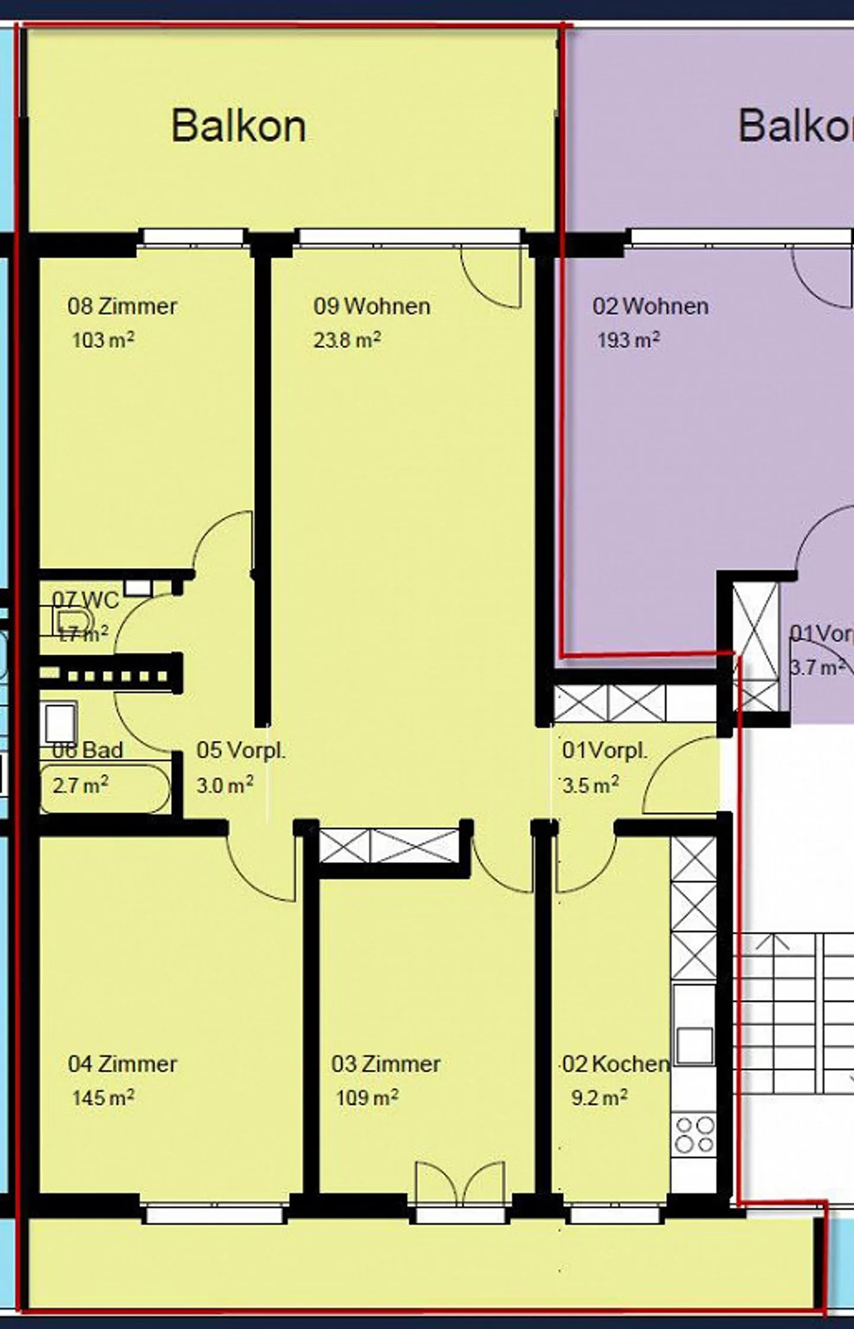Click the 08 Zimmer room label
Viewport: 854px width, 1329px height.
pos(122,307)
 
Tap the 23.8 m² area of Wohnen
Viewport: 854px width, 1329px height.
pos(347,340)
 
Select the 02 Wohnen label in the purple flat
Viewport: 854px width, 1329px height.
pos(651,307)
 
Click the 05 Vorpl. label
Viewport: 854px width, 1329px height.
pos(241,750)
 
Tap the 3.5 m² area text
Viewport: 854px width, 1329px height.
pos(591,785)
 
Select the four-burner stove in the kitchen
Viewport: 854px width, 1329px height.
pos(694,1135)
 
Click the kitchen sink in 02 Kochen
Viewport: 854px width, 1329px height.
pos(694,1046)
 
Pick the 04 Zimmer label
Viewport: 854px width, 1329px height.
pos(122,1064)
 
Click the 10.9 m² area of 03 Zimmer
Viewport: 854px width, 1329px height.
pos(367,1098)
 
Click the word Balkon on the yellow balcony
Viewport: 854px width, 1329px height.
pos(238,126)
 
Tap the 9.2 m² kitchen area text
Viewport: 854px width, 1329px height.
pos(599,1098)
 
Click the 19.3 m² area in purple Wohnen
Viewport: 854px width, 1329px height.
pos(628,340)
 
